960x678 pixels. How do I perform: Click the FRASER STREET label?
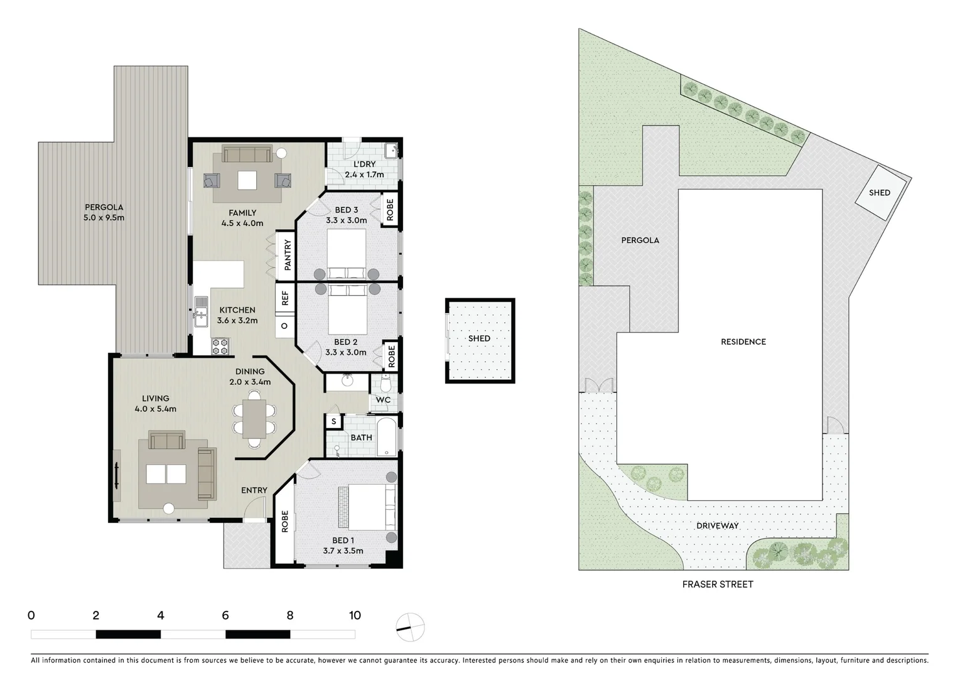click(x=717, y=584)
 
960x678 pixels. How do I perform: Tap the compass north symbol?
click(x=410, y=627)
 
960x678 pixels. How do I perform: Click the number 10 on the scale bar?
click(x=355, y=615)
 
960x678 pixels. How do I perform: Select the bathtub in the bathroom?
click(x=387, y=437)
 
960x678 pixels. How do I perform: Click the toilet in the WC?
click(x=386, y=382)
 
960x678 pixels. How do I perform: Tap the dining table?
click(x=254, y=419)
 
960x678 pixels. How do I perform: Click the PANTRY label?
click(x=288, y=255)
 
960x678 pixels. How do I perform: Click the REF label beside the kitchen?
click(x=284, y=298)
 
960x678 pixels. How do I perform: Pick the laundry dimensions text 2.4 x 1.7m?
click(x=364, y=175)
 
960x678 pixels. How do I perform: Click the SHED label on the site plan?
click(x=879, y=193)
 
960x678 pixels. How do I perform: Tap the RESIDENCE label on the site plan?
click(x=743, y=342)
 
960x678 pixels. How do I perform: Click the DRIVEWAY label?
click(x=717, y=525)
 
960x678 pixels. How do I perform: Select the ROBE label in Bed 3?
click(x=390, y=209)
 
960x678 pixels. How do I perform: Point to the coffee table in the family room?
click(x=247, y=180)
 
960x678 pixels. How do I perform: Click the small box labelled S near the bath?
click(x=333, y=421)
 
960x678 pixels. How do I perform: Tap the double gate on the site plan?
click(x=598, y=386)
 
